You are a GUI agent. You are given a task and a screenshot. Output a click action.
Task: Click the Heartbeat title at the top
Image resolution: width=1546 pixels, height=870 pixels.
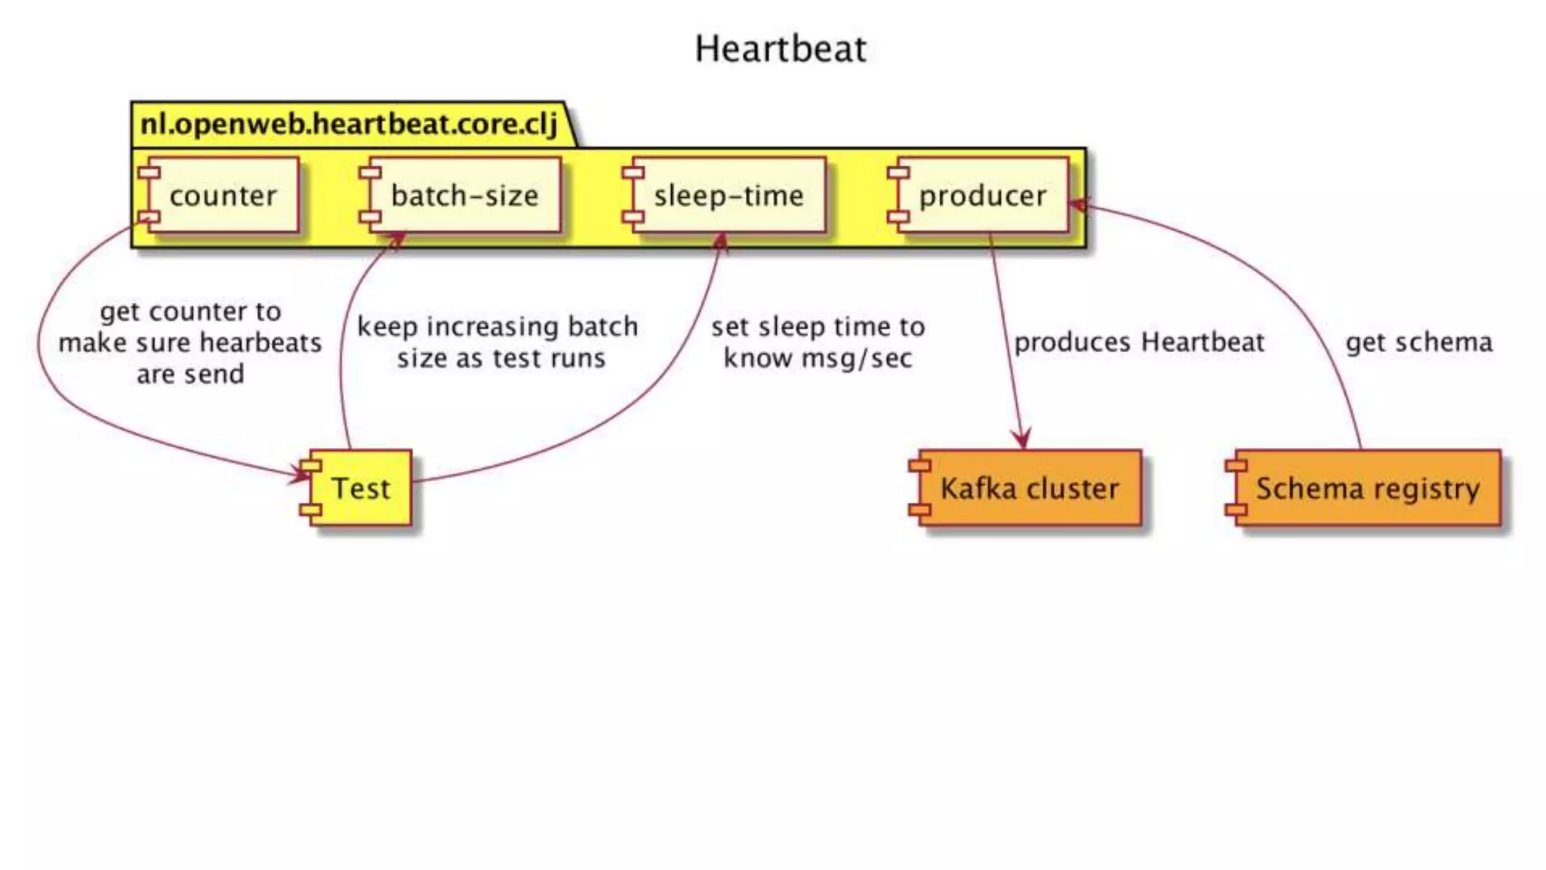point(781,50)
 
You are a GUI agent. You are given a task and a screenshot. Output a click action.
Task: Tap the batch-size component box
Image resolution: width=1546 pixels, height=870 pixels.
point(462,196)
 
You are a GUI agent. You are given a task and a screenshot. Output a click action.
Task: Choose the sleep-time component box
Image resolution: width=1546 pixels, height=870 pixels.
point(726,196)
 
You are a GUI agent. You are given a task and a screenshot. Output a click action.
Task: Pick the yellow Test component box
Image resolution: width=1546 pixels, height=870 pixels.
point(359,488)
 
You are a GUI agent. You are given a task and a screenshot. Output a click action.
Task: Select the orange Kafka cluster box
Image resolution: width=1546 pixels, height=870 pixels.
point(1027,488)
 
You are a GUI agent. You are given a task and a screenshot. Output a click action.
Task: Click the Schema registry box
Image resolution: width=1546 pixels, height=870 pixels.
point(1365,488)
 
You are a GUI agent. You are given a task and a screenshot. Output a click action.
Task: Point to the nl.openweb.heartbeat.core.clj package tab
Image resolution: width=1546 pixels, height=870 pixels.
point(349,124)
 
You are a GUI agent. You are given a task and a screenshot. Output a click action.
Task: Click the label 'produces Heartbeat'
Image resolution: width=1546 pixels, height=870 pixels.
point(1138,342)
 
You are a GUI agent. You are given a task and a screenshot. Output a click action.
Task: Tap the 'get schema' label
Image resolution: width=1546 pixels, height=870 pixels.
point(1418,342)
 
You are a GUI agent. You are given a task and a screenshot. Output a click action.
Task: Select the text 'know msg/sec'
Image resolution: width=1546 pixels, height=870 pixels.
point(818,358)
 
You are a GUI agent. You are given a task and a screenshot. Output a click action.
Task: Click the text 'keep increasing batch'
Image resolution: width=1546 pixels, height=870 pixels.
point(497,326)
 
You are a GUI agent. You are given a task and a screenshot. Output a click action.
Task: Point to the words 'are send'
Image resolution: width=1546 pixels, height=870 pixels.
point(190,374)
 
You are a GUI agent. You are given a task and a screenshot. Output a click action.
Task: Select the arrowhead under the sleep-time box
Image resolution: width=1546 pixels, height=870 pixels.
point(721,242)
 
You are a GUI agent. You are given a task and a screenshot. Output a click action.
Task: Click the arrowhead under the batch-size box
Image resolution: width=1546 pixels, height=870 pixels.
point(396,241)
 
